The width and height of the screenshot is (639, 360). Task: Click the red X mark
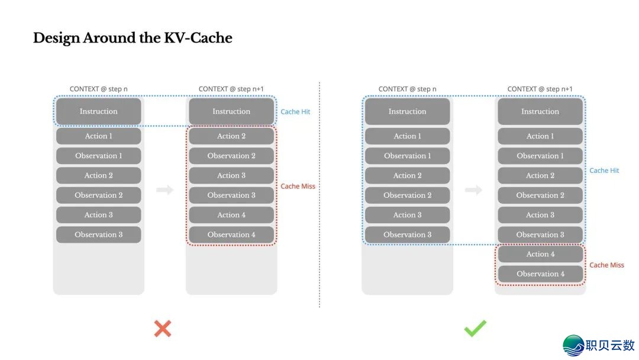tap(162, 329)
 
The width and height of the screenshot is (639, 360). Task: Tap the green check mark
tap(475, 329)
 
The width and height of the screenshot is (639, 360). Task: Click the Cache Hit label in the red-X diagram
tap(295, 111)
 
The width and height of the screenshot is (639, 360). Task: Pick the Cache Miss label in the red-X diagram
tap(298, 186)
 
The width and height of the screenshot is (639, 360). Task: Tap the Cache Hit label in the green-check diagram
tap(604, 171)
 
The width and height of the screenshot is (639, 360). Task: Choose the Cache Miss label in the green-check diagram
tap(606, 265)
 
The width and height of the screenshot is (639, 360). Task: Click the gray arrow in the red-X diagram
tap(165, 190)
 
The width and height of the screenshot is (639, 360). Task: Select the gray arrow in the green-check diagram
tap(473, 190)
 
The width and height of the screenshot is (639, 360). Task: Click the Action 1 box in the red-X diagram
tap(99, 136)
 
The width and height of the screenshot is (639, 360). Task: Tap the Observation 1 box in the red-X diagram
tap(99, 156)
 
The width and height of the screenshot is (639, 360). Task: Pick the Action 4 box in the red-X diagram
tap(231, 215)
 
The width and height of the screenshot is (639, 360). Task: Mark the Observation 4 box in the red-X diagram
tap(231, 234)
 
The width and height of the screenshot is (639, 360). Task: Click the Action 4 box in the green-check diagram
tap(540, 254)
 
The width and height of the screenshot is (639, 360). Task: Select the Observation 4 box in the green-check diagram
tap(540, 274)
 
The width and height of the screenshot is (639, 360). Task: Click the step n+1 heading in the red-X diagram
tap(231, 89)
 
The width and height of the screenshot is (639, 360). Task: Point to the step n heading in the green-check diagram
tap(407, 89)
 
